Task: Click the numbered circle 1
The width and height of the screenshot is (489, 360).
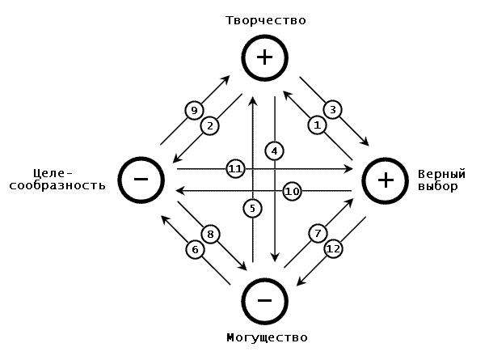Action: [317, 125]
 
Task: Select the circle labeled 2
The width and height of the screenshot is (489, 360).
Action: [209, 125]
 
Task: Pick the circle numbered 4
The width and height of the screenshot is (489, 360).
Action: [275, 150]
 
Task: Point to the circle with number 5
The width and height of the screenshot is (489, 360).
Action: [252, 209]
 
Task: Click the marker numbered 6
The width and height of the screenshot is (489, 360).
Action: [194, 250]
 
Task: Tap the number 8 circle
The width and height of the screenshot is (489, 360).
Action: [210, 234]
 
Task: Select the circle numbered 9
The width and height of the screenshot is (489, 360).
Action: [192, 110]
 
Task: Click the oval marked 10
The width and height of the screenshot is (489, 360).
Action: [293, 191]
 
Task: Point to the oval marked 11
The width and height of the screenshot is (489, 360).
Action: [235, 169]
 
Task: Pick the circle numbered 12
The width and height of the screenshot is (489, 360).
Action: [333, 250]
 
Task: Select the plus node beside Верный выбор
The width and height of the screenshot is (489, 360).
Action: [386, 180]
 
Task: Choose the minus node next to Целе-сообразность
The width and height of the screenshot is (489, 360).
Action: [141, 179]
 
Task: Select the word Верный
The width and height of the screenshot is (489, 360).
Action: [441, 174]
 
